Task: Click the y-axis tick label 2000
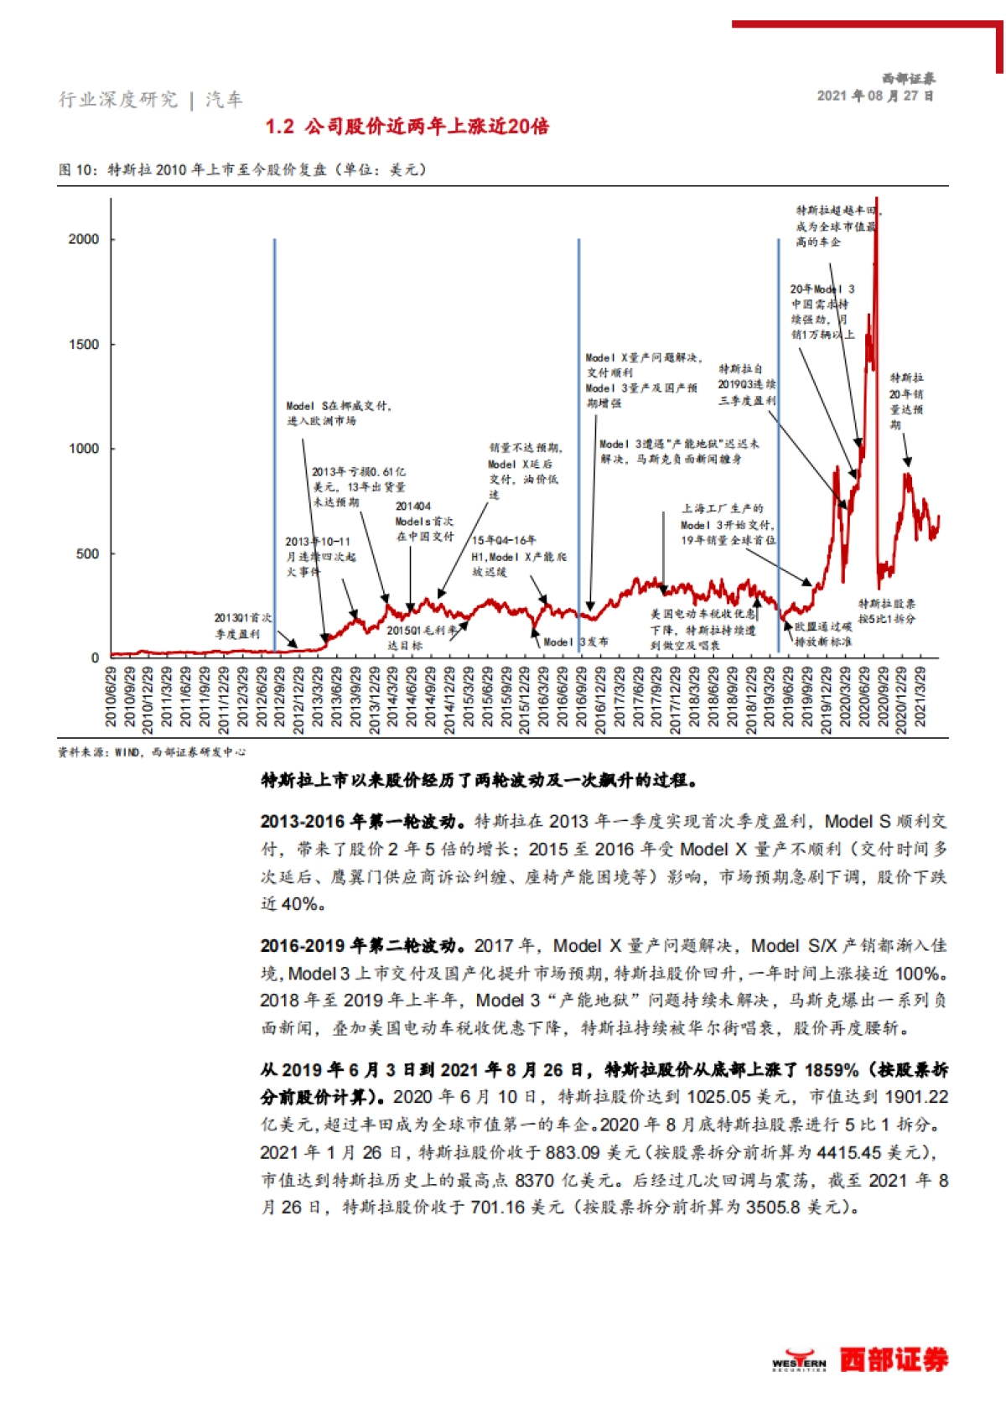coord(83,240)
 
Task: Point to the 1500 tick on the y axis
coord(83,345)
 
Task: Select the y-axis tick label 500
coord(87,554)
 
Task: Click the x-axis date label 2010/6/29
coord(111,697)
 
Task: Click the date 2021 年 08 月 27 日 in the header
coord(875,96)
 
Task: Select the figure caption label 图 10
coord(77,170)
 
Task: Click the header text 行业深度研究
coord(118,100)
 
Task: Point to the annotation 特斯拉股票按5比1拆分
coord(886,611)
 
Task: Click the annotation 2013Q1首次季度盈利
coord(242,626)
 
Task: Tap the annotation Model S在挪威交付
coord(338,413)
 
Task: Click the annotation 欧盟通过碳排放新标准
coord(823,634)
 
